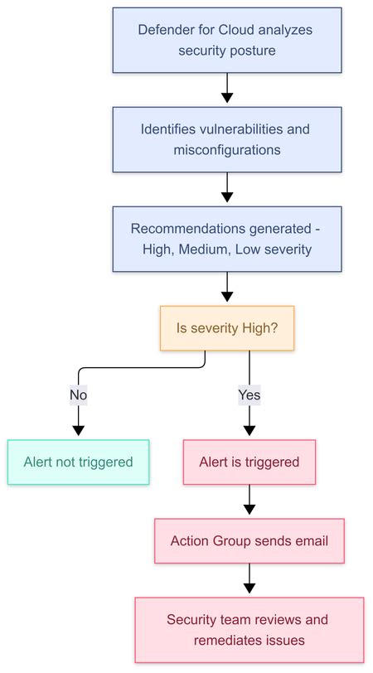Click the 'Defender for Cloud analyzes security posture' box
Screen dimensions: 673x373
tap(226, 41)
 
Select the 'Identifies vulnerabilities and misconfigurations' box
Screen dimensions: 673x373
tap(226, 139)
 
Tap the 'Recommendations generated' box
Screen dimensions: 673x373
tap(226, 239)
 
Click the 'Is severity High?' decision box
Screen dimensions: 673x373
tap(226, 328)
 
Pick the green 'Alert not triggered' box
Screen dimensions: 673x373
tap(79, 462)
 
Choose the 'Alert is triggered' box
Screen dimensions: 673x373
tap(249, 462)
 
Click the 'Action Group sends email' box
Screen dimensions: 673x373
tap(249, 541)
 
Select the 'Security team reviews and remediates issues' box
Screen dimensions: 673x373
tap(249, 630)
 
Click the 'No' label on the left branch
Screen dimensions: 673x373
tap(79, 395)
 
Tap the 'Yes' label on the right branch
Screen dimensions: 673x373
tap(249, 395)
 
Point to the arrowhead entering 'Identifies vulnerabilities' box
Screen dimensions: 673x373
tap(226, 99)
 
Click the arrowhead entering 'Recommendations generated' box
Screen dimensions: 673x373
tap(226, 199)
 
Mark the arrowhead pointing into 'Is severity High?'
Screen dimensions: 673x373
tap(226, 298)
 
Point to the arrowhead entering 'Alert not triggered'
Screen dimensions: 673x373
tap(79, 432)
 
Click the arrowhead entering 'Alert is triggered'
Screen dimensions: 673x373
tap(249, 432)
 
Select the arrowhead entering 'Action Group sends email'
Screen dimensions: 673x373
tap(249, 511)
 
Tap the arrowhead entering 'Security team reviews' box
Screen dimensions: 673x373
tap(249, 590)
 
